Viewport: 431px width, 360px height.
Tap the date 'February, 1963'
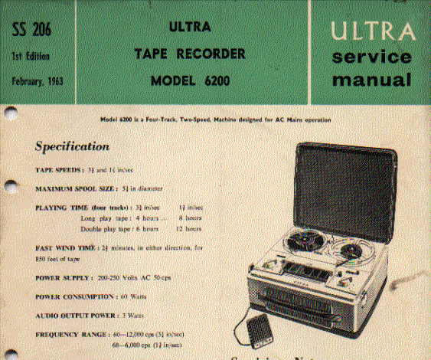point(36,80)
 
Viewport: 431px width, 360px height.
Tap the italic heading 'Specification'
point(73,146)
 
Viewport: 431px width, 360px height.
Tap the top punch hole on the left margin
point(9,113)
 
